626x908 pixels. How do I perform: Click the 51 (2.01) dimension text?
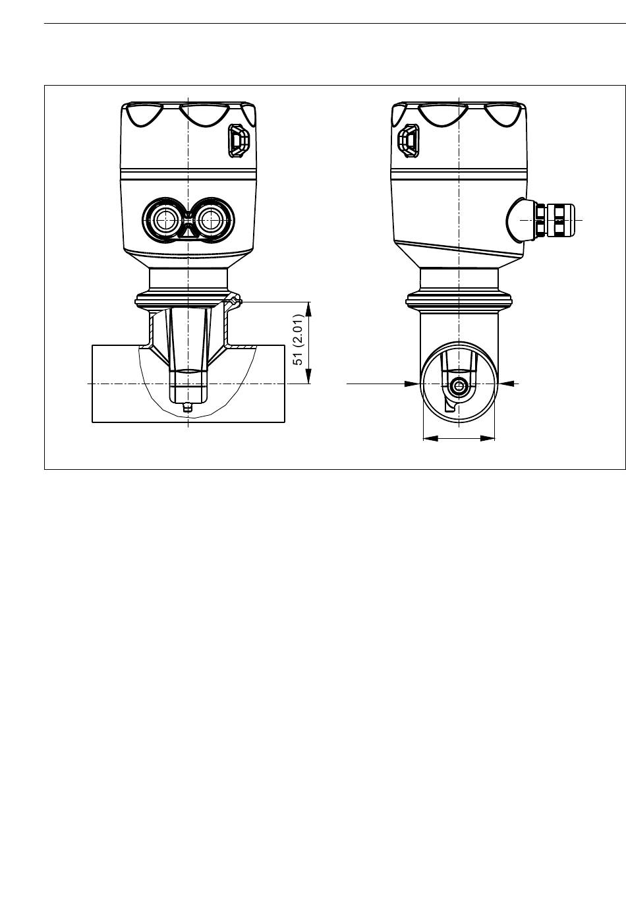tap(298, 339)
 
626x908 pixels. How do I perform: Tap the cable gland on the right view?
tap(555, 220)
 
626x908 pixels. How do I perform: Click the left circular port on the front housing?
tap(165, 220)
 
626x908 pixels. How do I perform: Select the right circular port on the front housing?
tap(210, 220)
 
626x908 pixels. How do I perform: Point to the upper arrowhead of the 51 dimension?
tap(308, 309)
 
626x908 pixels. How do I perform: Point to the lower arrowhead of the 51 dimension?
tap(308, 376)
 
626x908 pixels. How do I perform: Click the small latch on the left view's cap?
tap(239, 140)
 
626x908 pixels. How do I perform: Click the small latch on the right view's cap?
tap(409, 140)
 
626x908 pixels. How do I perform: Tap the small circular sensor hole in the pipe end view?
tap(459, 384)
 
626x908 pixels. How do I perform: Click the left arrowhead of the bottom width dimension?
tap(430, 438)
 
